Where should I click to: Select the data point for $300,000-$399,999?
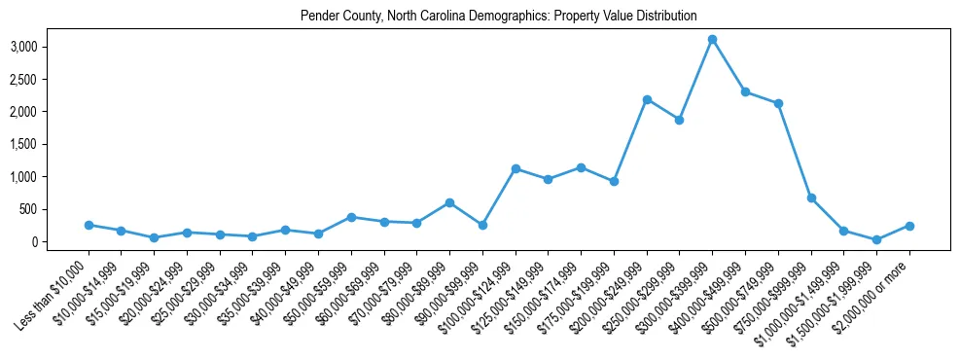tap(712, 40)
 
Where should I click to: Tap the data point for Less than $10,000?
tap(89, 225)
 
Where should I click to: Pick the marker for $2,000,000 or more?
tap(909, 226)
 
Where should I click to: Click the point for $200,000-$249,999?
tap(647, 99)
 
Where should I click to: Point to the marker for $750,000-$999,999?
tap(811, 198)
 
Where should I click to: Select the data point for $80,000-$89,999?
tap(449, 202)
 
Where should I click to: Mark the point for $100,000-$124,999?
tap(516, 169)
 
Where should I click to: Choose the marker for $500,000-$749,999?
tap(778, 104)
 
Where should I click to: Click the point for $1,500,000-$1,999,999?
tap(876, 239)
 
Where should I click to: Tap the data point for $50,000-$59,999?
tap(351, 217)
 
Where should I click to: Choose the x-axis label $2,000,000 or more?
tap(875, 293)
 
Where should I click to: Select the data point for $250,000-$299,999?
tap(680, 120)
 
